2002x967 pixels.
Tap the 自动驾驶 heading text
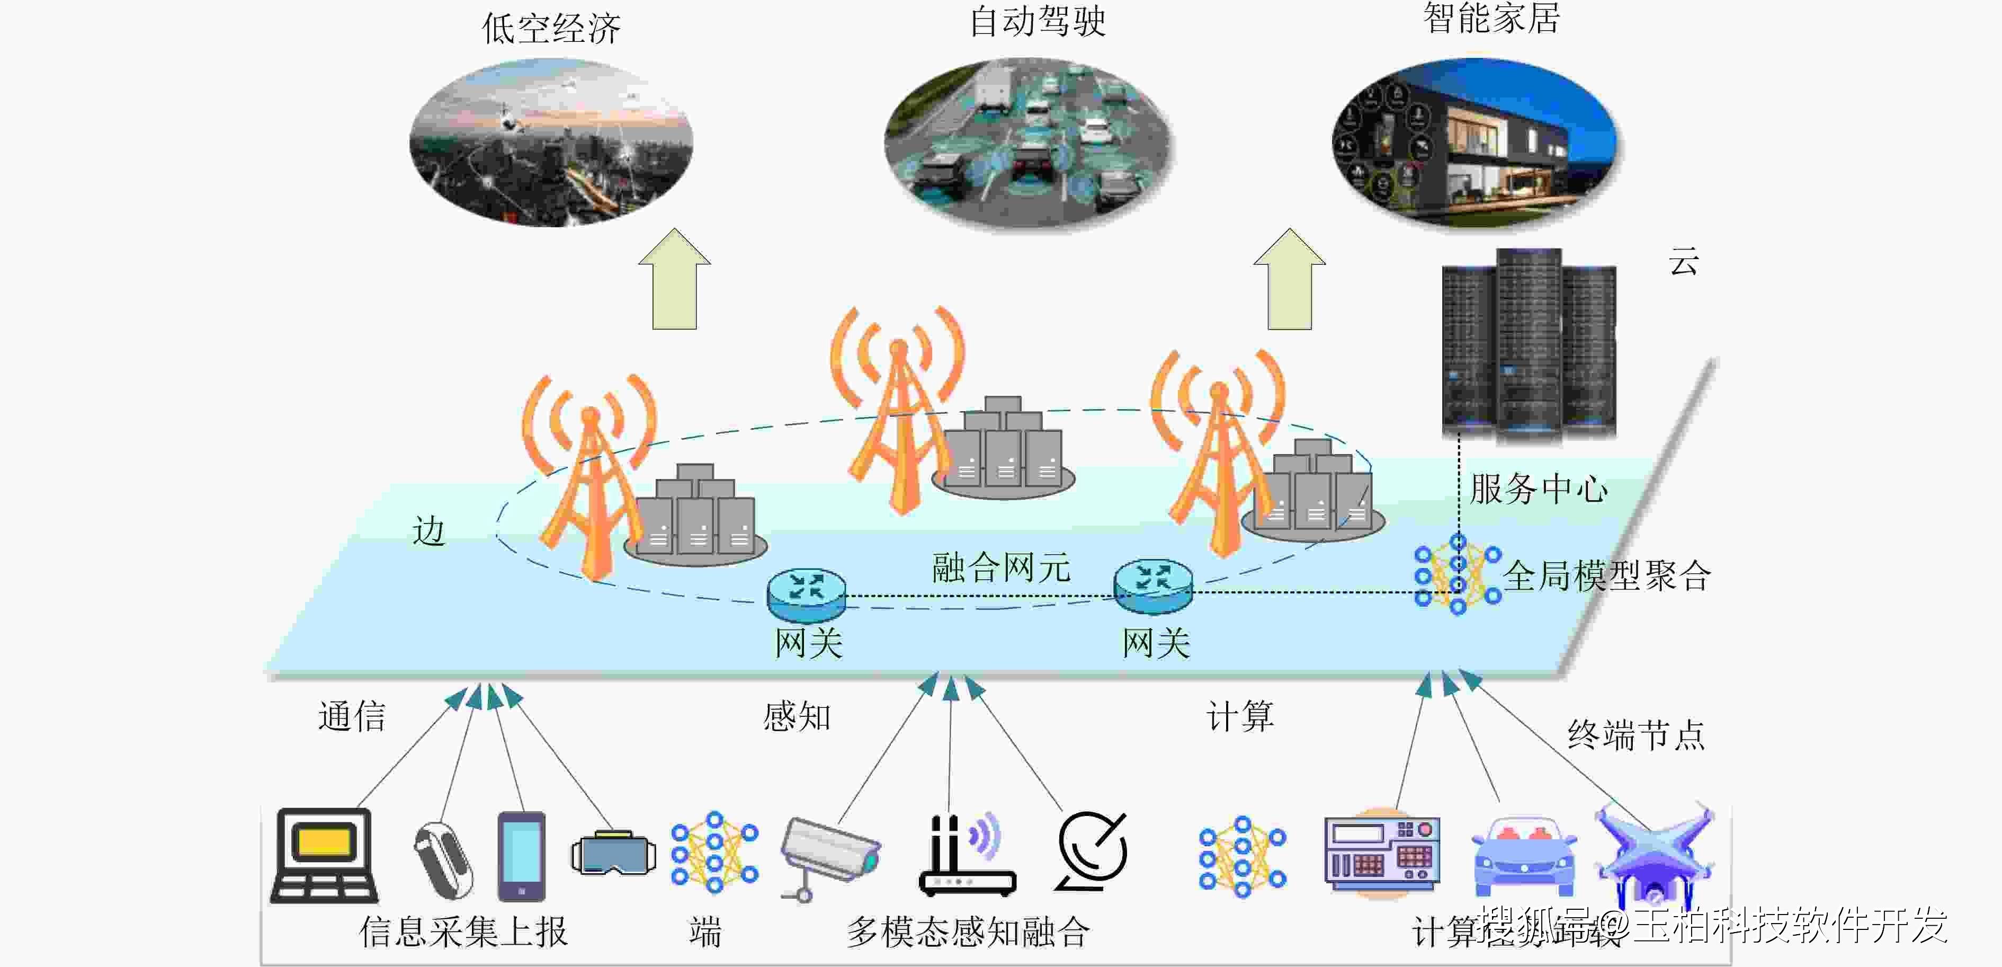pyautogui.click(x=1037, y=21)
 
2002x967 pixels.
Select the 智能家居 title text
pyautogui.click(x=1490, y=18)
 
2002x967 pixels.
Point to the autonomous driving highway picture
pyautogui.click(x=1027, y=144)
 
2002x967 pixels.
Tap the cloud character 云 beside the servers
pyautogui.click(x=1683, y=262)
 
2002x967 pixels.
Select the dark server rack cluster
pyautogui.click(x=1528, y=346)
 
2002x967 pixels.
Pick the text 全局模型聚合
pyautogui.click(x=1606, y=576)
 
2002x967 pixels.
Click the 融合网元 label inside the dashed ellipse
pyautogui.click(x=1001, y=567)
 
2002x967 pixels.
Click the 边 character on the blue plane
pyautogui.click(x=428, y=531)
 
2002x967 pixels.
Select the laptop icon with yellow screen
pyautogui.click(x=323, y=855)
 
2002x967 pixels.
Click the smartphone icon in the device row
pyautogui.click(x=521, y=856)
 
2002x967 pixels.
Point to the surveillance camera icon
pyautogui.click(x=829, y=855)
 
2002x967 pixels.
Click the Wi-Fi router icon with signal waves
pyautogui.click(x=966, y=855)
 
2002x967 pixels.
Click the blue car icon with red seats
pyautogui.click(x=1523, y=855)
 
